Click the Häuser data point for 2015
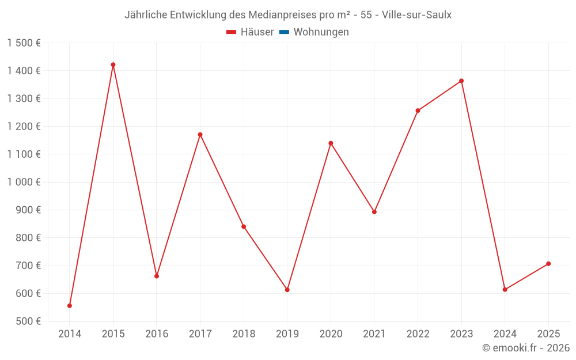pos(113,65)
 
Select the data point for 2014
pos(70,305)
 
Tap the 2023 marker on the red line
pos(461,81)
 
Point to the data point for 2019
pos(287,290)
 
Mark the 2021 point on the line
pos(374,212)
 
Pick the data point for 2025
pos(548,264)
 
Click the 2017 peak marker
pos(200,134)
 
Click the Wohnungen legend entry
pos(321,32)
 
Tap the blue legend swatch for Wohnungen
pos(284,32)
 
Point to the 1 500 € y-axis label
pos(24,43)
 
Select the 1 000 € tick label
pos(24,182)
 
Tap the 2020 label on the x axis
pos(331,334)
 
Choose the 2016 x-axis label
pos(157,334)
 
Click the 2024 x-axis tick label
pos(505,334)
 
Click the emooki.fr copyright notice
pos(526,348)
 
